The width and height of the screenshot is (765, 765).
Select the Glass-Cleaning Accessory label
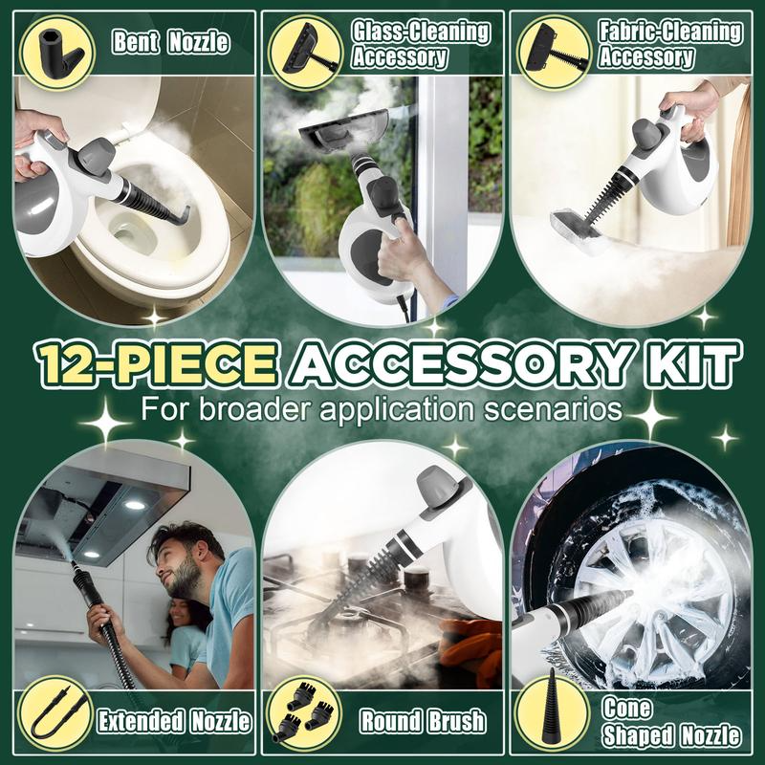pyautogui.click(x=420, y=44)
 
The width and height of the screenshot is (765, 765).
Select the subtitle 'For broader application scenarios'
pyautogui.click(x=382, y=410)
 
